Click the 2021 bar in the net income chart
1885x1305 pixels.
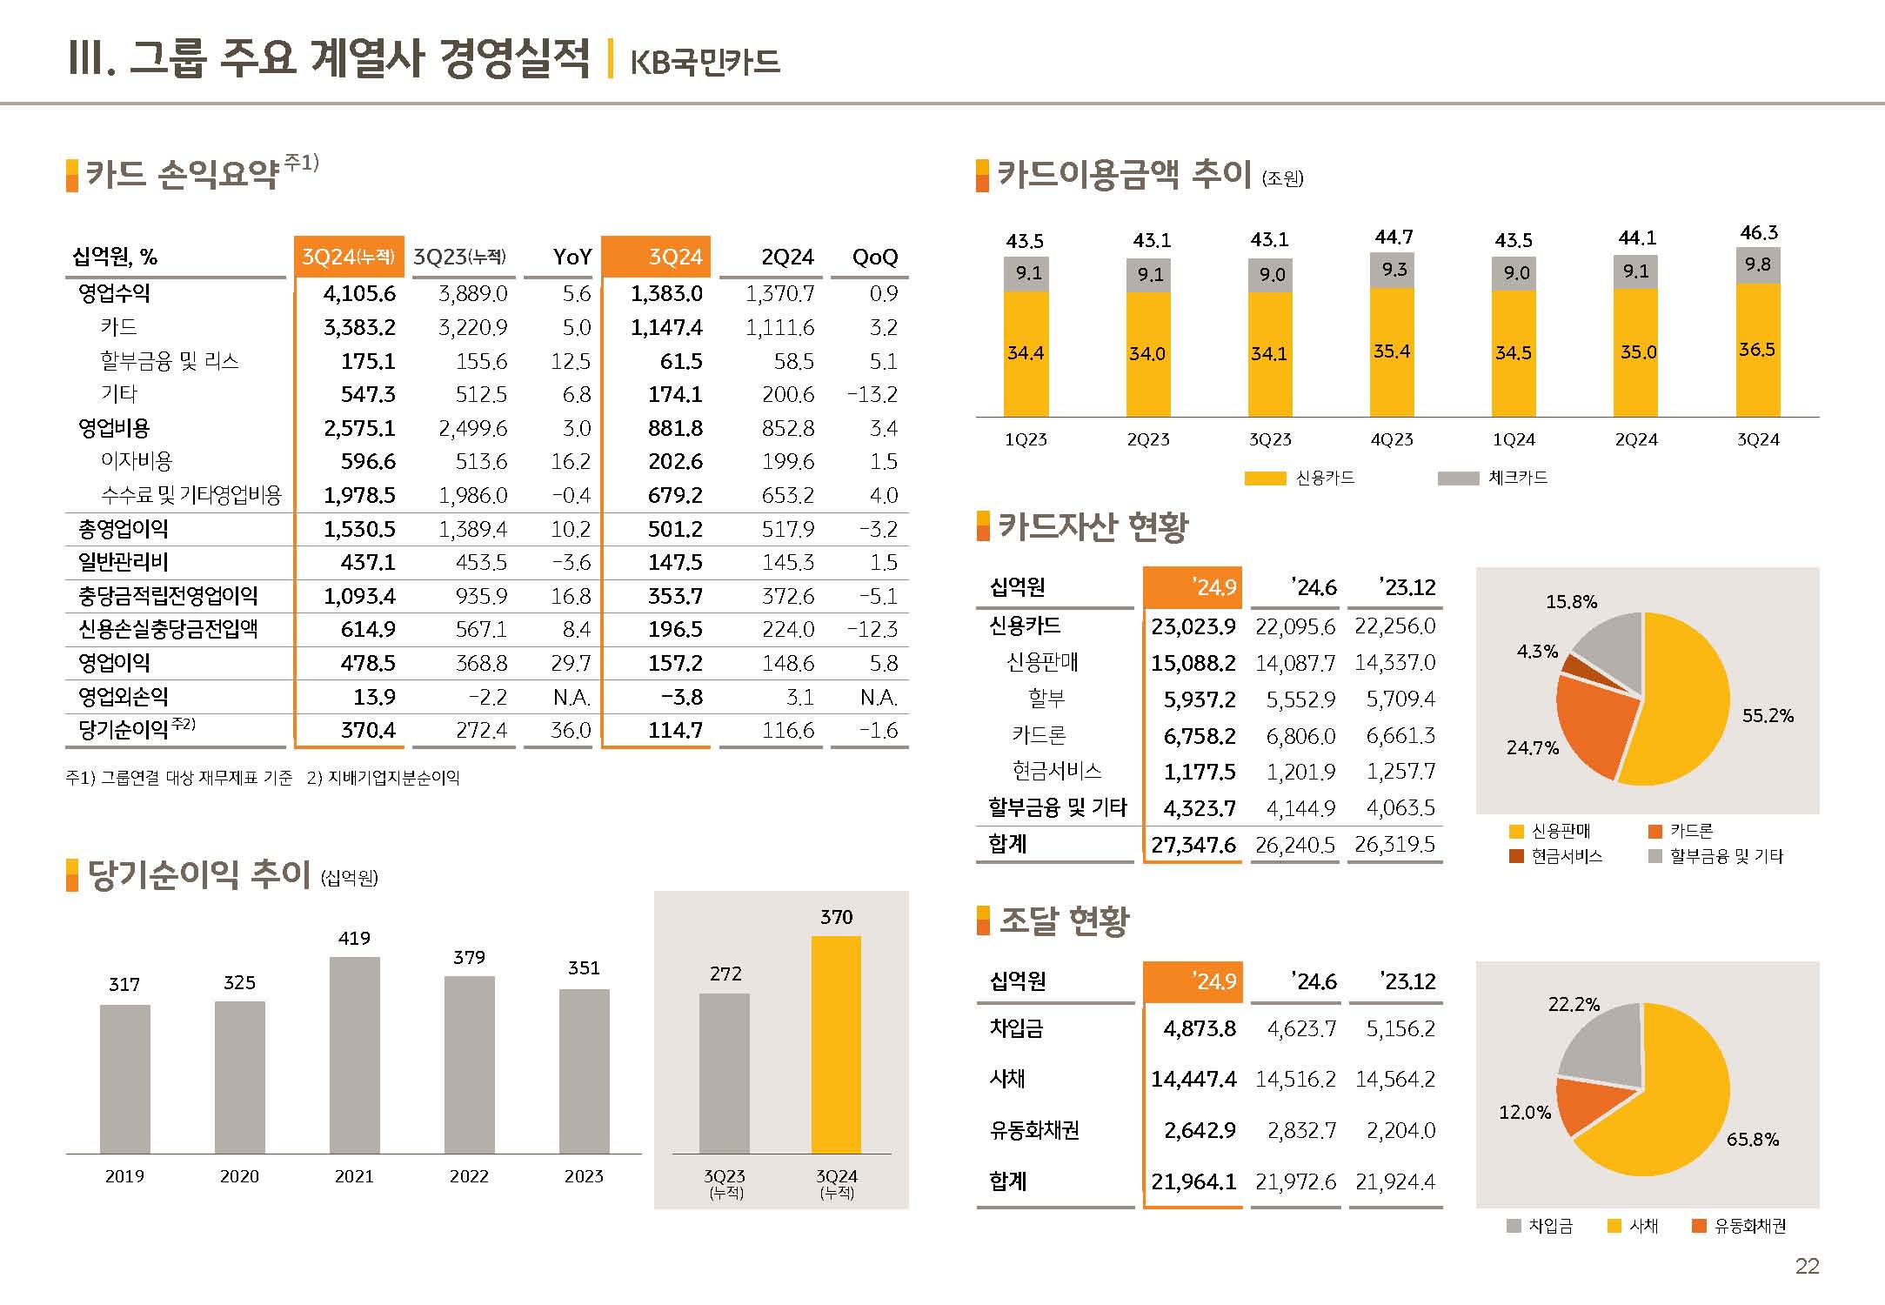354,1054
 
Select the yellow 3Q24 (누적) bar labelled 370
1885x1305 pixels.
836,1044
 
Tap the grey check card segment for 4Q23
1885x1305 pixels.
1392,270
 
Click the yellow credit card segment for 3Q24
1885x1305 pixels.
1757,350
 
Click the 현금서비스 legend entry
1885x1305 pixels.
1566,856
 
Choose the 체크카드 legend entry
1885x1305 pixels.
1516,478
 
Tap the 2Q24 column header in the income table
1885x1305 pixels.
787,258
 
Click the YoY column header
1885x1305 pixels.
572,258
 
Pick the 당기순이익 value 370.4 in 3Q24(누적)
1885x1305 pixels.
368,730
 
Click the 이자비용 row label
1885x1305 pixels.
137,461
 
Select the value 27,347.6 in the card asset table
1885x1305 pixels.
1193,845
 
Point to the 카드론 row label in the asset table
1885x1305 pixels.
1039,735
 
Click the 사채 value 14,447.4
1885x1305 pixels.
1193,1080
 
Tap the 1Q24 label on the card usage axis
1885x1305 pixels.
1514,440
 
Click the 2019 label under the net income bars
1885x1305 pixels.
124,1176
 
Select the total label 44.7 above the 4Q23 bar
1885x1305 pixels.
1394,237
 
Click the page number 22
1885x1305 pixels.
1807,1266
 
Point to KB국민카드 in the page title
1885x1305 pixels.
705,63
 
